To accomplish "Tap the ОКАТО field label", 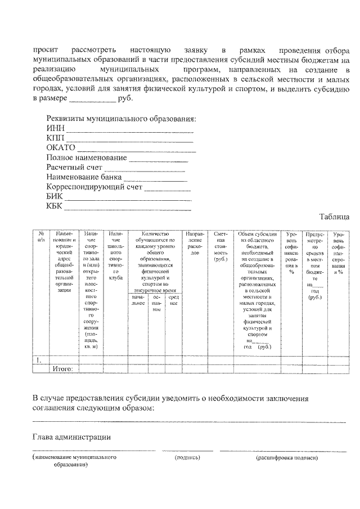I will [61, 148].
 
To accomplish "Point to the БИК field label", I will [55, 196].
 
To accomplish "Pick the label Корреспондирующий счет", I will [94, 187].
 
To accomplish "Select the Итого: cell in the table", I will [63, 369].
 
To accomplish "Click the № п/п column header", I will [41, 237].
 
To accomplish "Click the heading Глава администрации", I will [71, 437].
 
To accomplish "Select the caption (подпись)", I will [188, 458].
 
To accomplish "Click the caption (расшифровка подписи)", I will [287, 458].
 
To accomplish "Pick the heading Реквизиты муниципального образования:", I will [121, 119].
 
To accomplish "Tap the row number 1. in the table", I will [38, 360].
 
